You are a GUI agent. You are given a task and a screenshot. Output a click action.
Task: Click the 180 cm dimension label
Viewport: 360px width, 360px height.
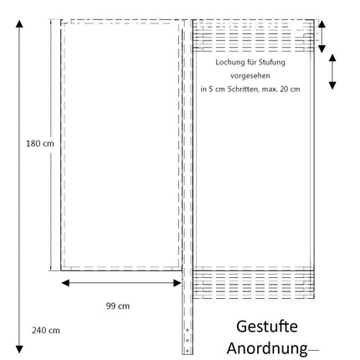point(40,144)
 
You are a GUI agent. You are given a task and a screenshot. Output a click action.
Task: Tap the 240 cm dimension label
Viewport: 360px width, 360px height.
point(46,331)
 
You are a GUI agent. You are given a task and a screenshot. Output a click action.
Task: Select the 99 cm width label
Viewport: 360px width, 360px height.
point(118,306)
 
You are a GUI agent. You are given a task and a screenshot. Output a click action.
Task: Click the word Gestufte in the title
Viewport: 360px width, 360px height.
point(267,327)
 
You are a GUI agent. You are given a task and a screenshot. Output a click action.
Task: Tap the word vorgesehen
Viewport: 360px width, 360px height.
point(250,75)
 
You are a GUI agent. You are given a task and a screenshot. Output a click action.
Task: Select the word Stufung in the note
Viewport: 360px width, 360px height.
point(271,62)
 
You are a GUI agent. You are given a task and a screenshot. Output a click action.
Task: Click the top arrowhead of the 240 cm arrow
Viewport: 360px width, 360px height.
point(19,24)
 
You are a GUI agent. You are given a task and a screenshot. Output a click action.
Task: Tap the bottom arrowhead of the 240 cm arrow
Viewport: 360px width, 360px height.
point(19,349)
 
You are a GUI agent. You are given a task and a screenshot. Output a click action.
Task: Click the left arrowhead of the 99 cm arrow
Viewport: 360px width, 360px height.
point(65,283)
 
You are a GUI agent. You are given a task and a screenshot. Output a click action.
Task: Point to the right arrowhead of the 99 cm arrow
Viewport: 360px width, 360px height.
point(177,283)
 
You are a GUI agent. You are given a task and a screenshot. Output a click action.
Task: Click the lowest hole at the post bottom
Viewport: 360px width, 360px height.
point(188,351)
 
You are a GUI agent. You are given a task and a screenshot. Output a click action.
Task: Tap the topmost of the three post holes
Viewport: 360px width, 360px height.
point(188,330)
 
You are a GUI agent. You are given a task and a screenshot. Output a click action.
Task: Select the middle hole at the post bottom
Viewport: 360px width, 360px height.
point(188,341)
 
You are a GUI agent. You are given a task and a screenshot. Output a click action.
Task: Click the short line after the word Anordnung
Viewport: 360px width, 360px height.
point(313,350)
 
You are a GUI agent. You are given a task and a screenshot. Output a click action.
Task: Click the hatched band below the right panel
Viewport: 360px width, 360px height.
point(254,285)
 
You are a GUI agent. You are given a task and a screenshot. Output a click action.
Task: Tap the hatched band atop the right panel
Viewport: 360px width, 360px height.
point(254,36)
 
